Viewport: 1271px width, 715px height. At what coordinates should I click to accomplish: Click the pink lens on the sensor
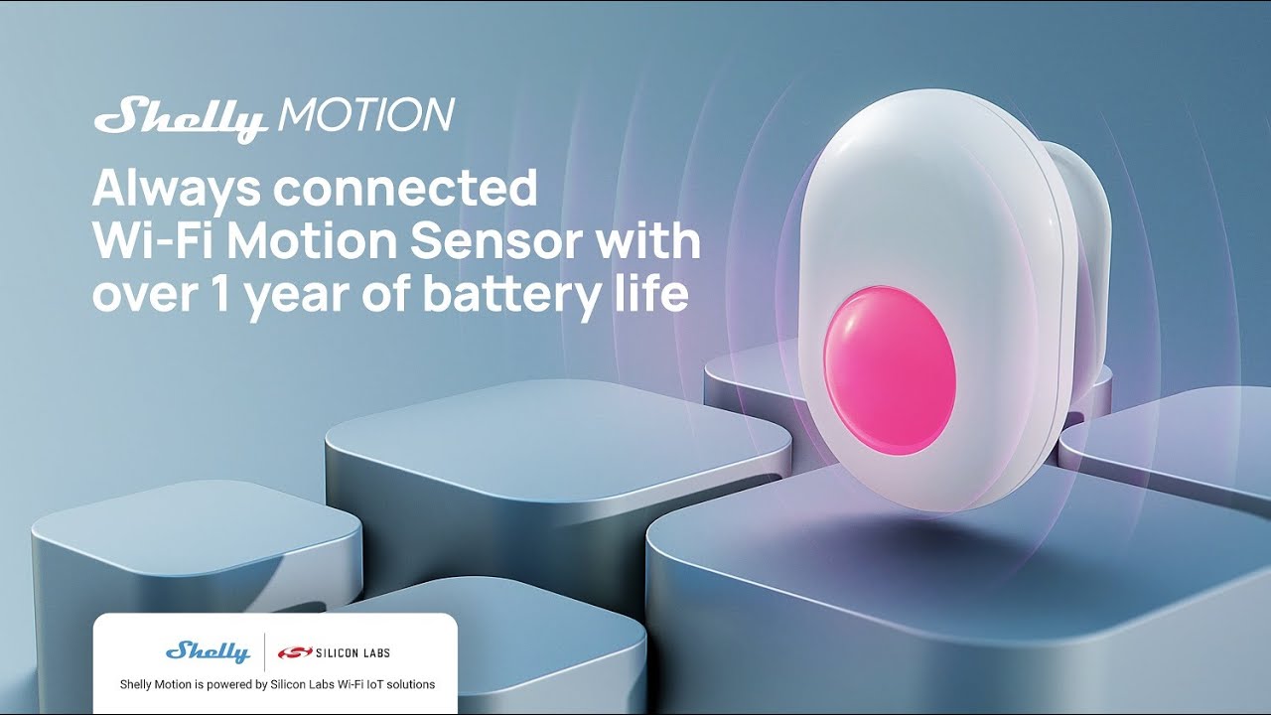[889, 369]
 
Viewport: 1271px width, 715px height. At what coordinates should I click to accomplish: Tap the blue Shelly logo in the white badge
[208, 651]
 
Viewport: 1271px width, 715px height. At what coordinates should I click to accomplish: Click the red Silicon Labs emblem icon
[295, 652]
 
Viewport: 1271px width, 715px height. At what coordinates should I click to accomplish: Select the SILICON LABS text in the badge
[353, 652]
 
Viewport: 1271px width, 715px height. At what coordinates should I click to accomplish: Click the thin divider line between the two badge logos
[264, 651]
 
